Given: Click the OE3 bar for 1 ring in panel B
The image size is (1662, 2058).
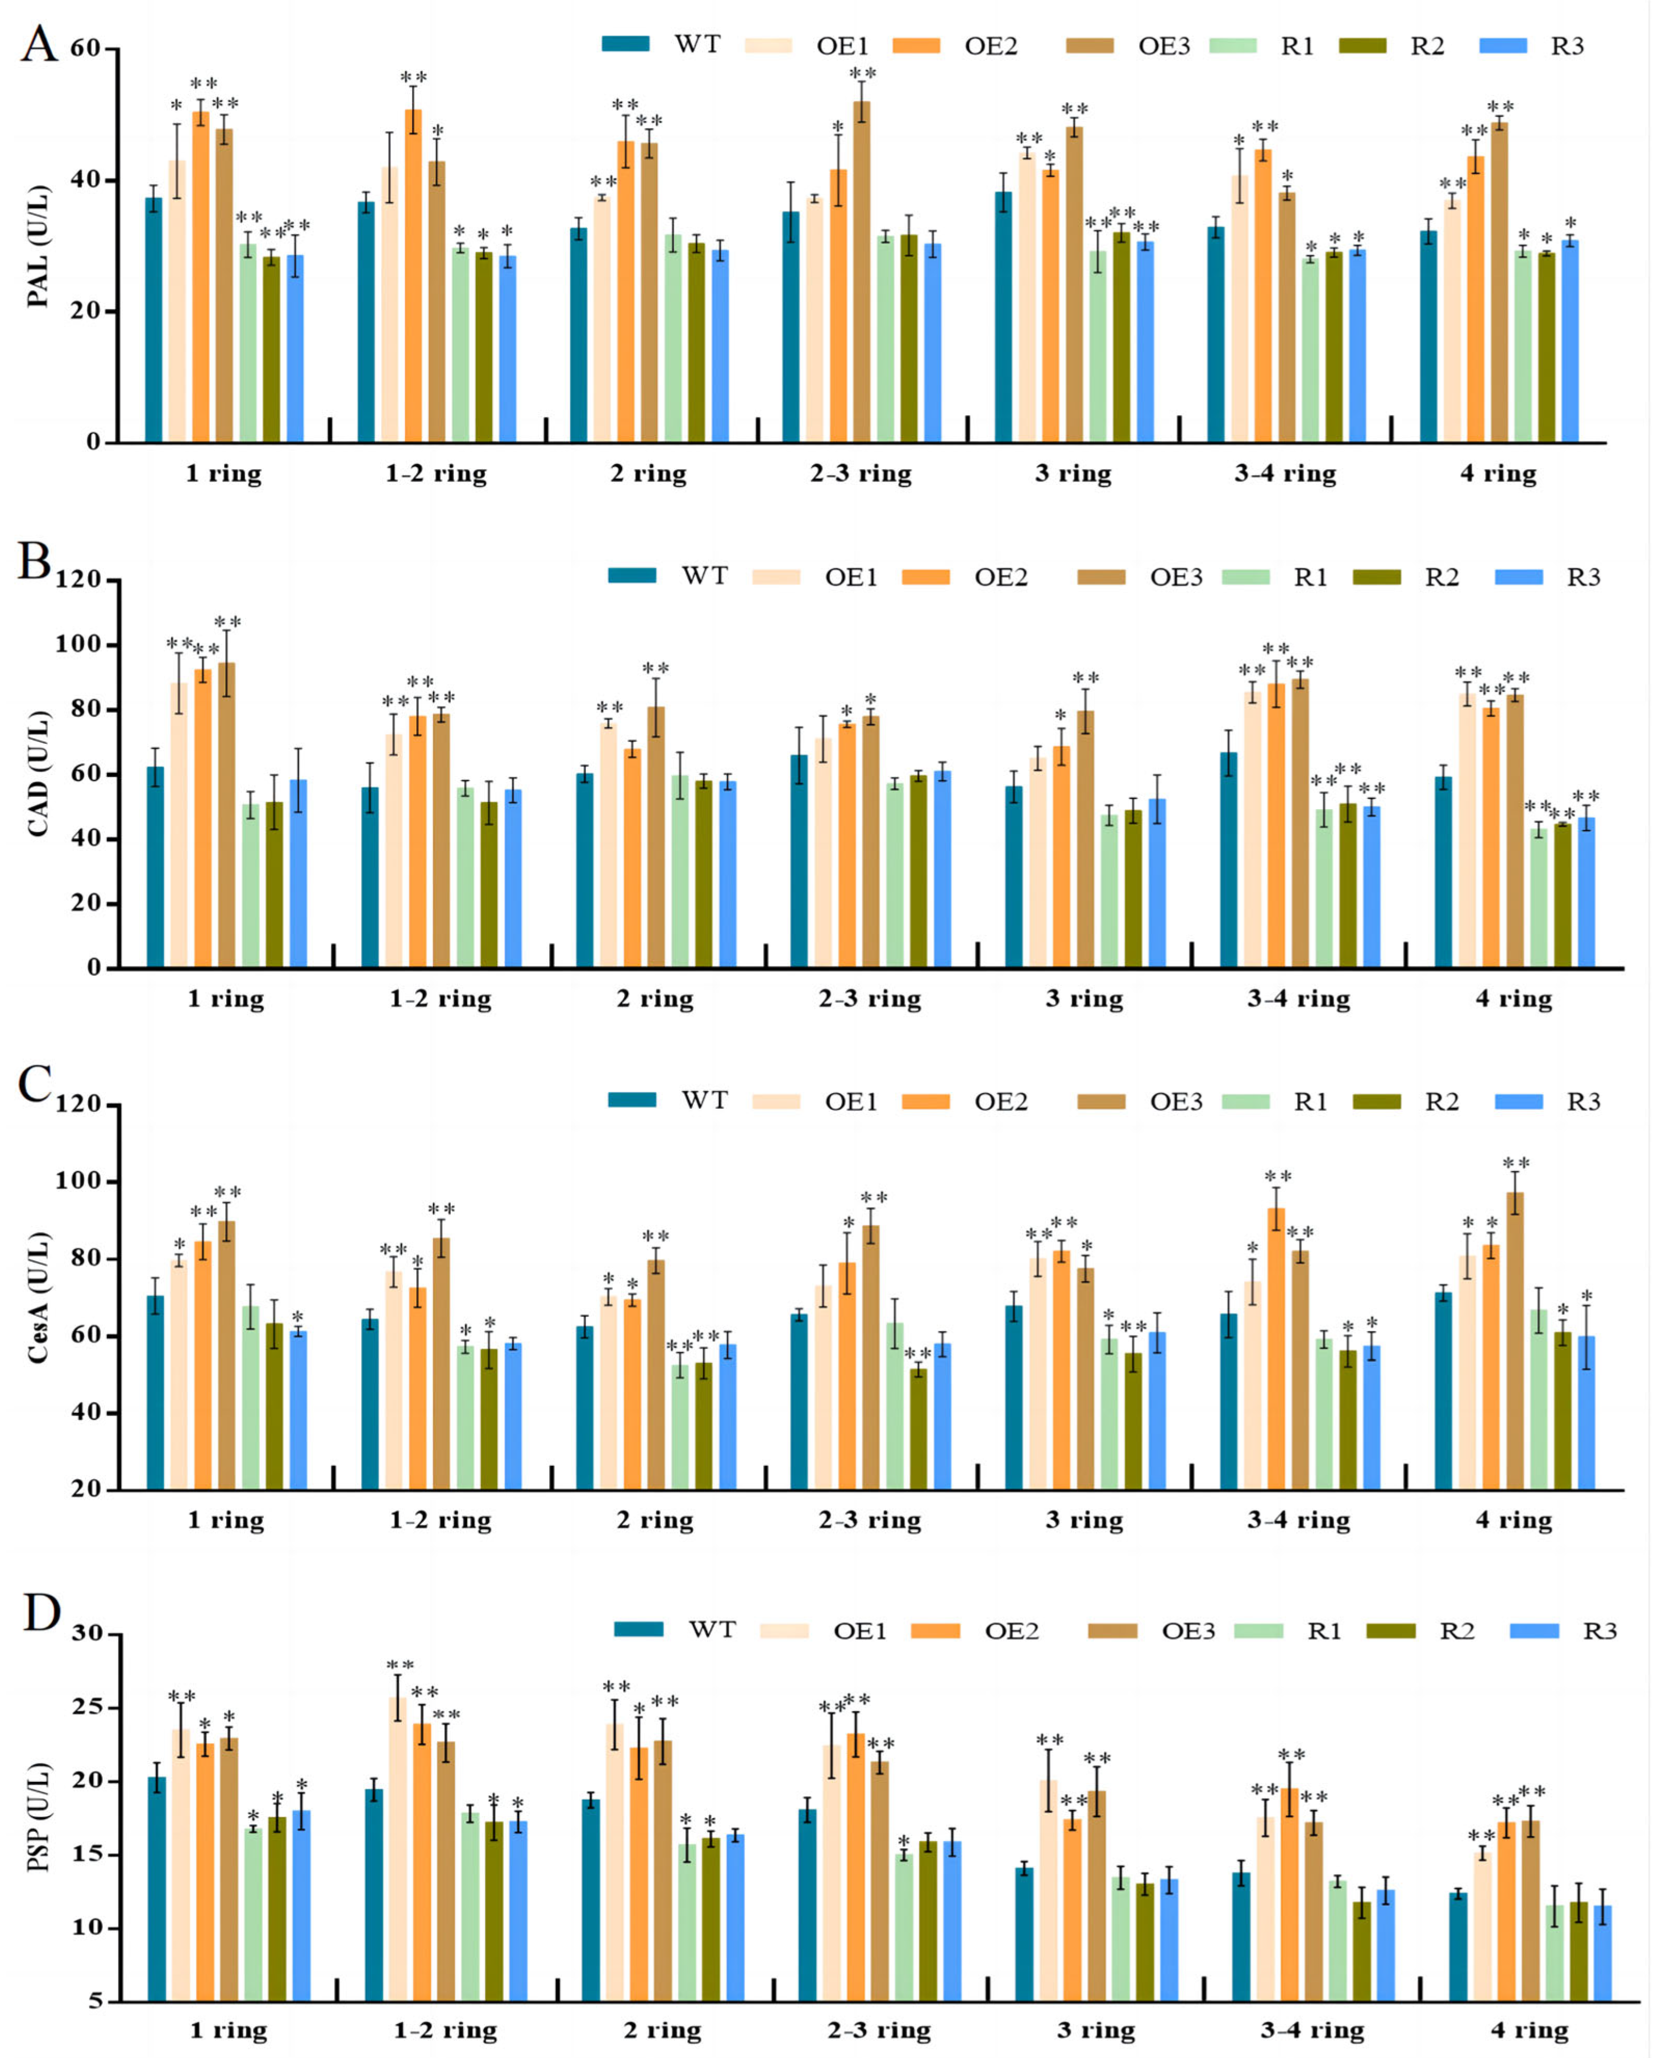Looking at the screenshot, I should [227, 814].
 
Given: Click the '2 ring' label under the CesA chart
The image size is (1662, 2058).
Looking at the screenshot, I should [654, 1520].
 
